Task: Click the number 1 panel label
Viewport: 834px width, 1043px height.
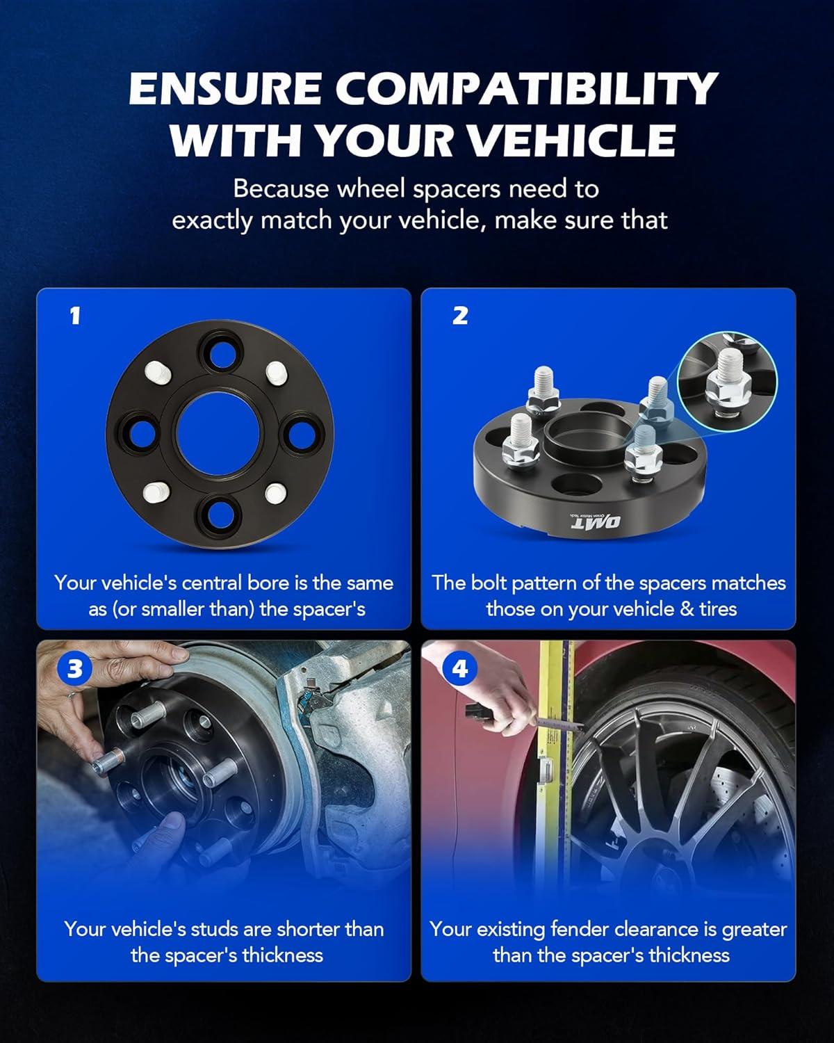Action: pos(74,316)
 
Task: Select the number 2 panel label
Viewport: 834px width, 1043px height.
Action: pos(460,316)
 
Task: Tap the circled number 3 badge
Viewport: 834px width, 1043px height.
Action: pos(75,670)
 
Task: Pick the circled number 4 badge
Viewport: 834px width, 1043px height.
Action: pos(459,670)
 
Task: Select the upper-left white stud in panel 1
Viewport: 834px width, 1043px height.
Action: pos(158,373)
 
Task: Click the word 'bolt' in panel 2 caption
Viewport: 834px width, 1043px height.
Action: pos(491,583)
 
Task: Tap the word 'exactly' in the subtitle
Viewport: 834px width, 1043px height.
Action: pos(213,222)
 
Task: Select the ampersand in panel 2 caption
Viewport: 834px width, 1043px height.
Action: pos(687,610)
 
